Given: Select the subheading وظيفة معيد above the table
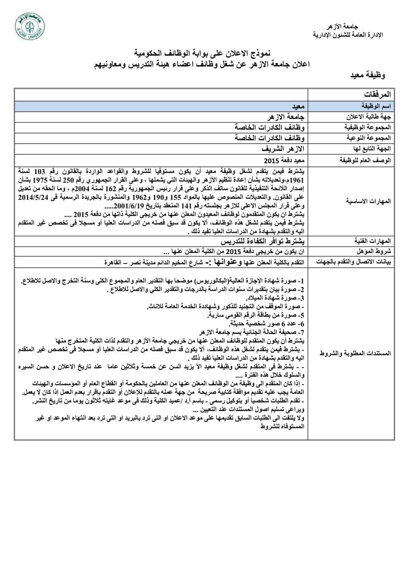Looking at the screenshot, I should point(367,76).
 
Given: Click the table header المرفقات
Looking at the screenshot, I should point(380,94).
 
